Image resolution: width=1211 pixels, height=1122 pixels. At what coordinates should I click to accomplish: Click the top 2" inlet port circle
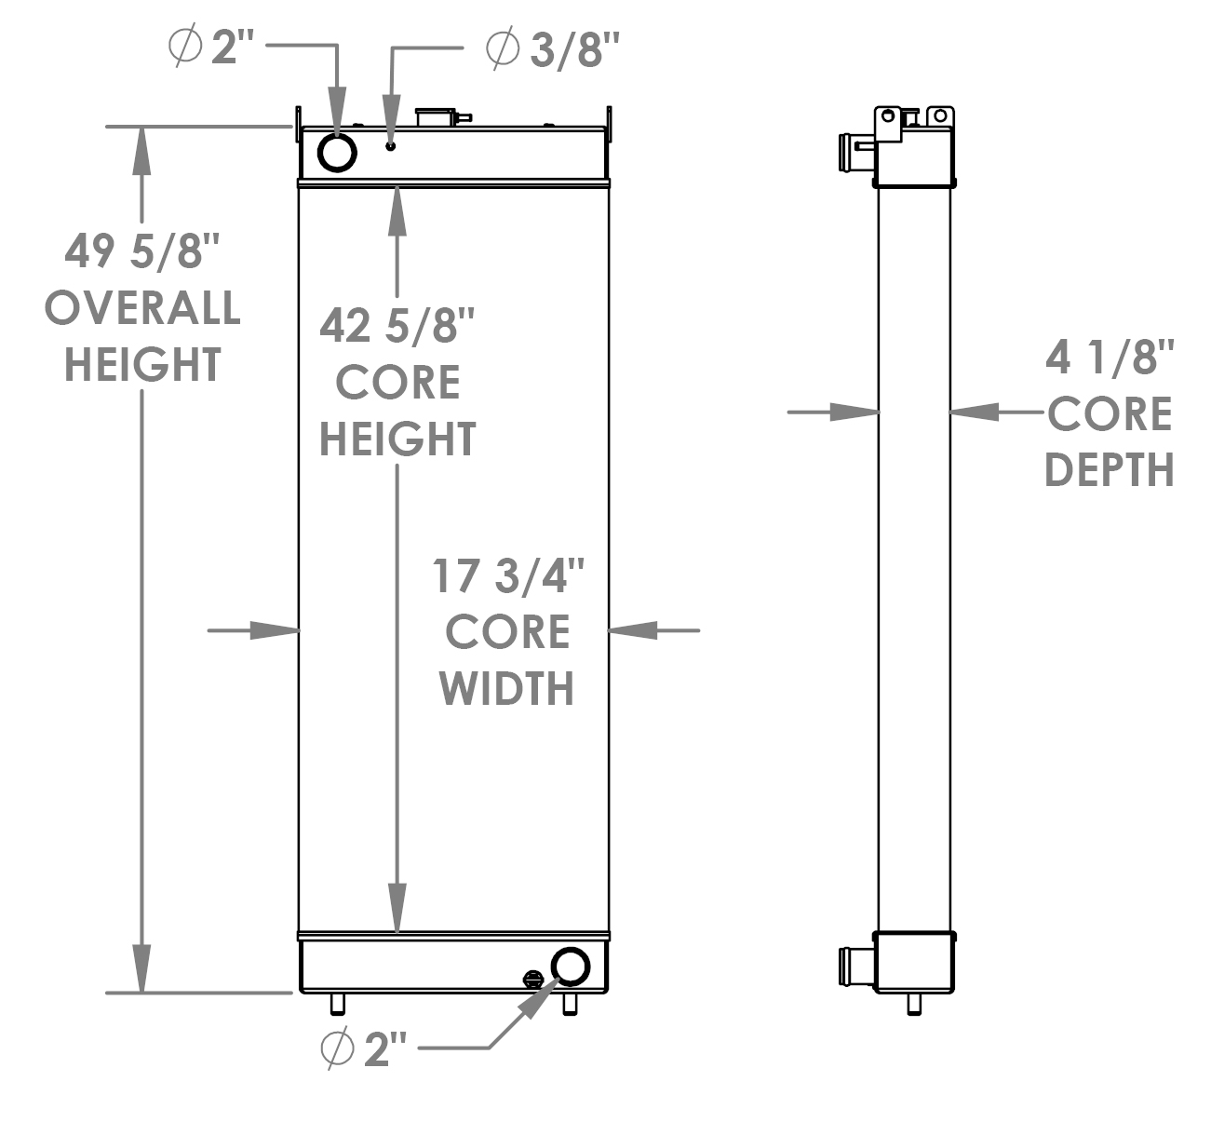pos(337,152)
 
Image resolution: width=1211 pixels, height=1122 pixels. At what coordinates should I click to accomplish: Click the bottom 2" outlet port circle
pos(570,967)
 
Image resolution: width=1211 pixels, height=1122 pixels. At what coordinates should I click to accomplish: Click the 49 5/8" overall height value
pos(142,251)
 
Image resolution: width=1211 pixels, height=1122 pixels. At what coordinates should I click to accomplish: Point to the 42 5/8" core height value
pos(397,326)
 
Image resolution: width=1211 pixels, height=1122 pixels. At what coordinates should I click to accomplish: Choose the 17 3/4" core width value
pos(507,576)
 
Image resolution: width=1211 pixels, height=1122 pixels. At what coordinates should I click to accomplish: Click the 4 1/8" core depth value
pos(1110,358)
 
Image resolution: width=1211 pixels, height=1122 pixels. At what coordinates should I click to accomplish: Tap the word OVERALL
pos(142,308)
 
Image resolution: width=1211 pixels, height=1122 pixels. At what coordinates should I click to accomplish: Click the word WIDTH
pos(507,689)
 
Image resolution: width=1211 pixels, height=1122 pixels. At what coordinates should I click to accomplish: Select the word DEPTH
pos(1110,470)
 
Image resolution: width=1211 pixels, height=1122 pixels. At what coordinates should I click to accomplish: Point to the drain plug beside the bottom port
pos(533,979)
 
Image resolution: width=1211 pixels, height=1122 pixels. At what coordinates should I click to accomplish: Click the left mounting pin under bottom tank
pos(337,1005)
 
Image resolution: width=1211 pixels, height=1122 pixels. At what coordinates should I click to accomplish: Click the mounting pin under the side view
pos(915,1005)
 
